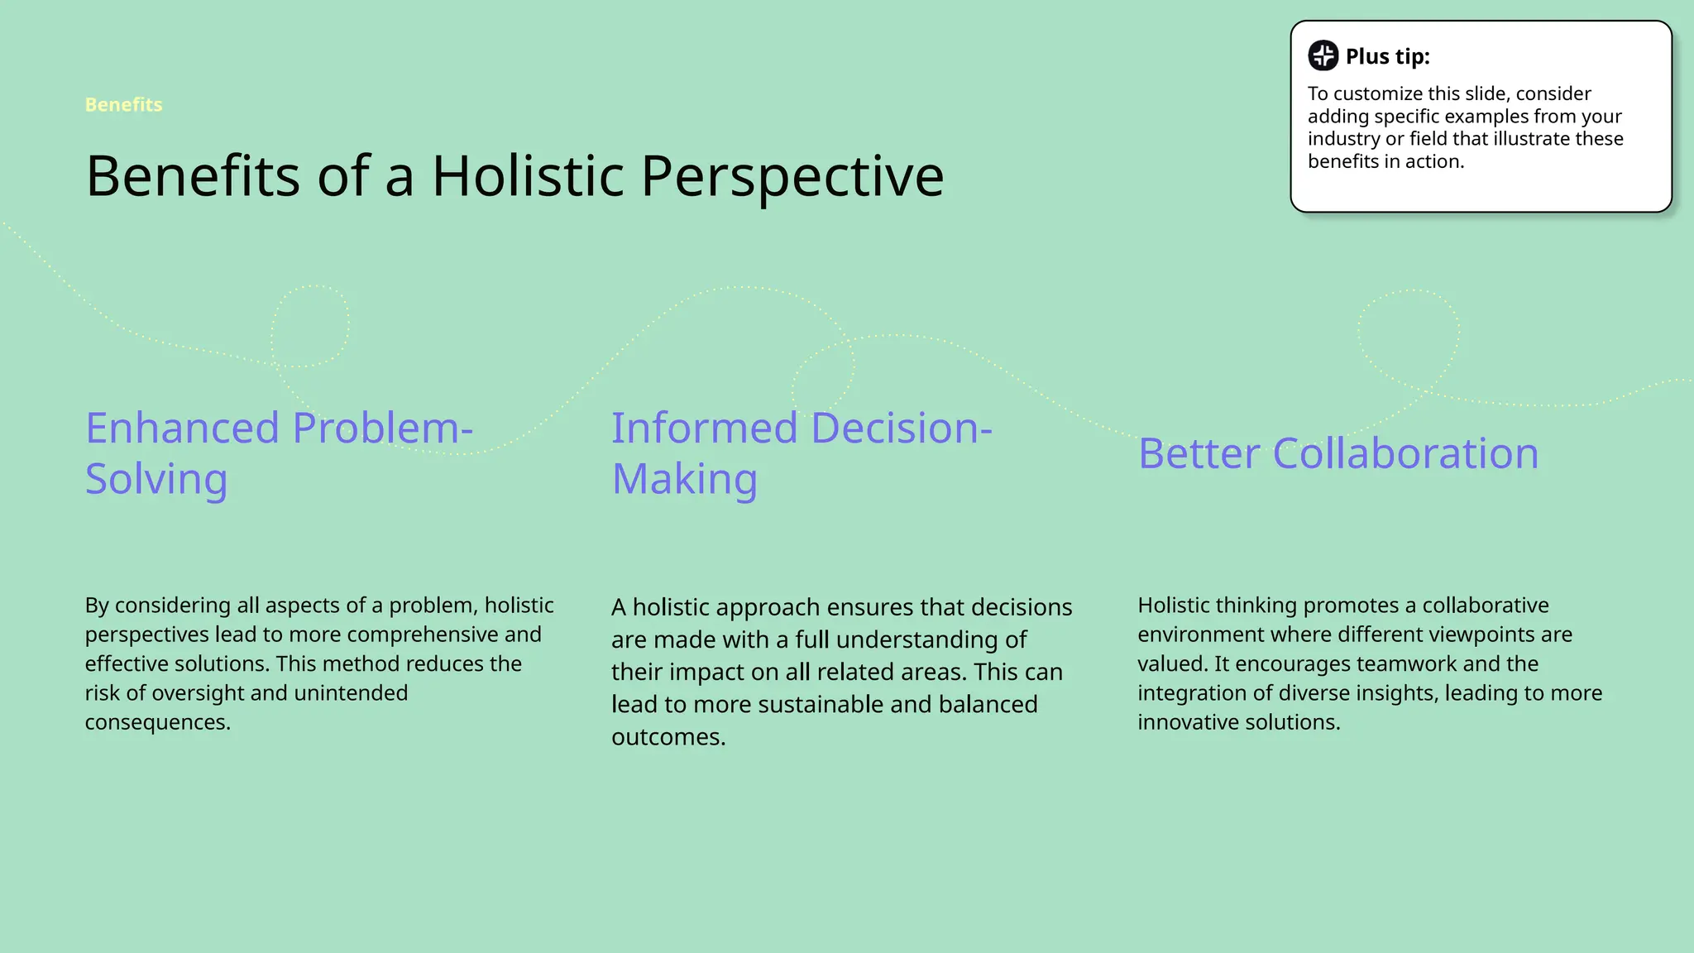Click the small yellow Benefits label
(x=123, y=105)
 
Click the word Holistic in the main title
(x=528, y=175)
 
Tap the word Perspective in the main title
(x=792, y=177)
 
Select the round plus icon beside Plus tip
(x=1323, y=55)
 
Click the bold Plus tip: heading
(x=1387, y=56)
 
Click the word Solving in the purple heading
(x=156, y=479)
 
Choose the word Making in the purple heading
(x=684, y=479)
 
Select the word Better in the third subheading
(x=1199, y=453)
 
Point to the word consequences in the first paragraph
(x=157, y=722)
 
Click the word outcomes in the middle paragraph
(x=668, y=737)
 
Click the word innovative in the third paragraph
(x=1188, y=722)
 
